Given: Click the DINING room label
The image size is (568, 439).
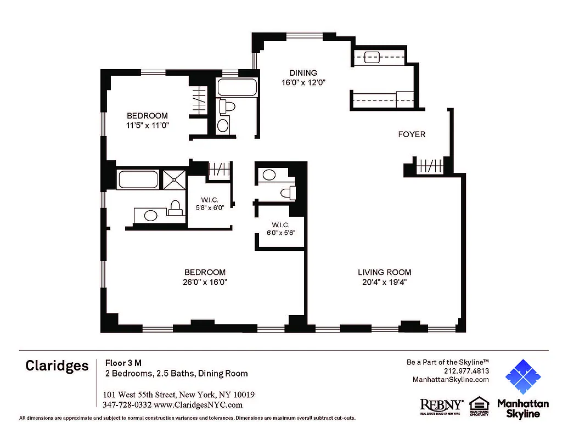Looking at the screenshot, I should (303, 73).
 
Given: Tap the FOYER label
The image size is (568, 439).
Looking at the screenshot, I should (412, 134).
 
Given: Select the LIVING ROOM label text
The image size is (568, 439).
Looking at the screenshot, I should (384, 272).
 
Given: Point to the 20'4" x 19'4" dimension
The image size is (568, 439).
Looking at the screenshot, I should (384, 282).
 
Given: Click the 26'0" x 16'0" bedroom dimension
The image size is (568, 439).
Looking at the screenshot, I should (205, 282).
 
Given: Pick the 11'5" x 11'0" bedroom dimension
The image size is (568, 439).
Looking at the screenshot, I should (147, 125).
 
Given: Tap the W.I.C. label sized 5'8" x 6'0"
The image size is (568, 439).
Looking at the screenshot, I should (211, 200).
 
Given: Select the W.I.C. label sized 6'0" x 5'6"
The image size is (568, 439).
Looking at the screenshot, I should (280, 225).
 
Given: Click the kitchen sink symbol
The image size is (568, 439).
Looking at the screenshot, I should (372, 56).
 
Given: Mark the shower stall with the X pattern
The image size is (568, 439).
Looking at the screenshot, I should (175, 179).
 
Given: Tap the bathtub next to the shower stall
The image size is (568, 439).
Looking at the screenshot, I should (138, 179).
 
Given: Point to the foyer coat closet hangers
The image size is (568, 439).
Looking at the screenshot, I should (430, 166).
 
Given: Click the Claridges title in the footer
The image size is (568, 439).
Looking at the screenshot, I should (57, 366).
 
